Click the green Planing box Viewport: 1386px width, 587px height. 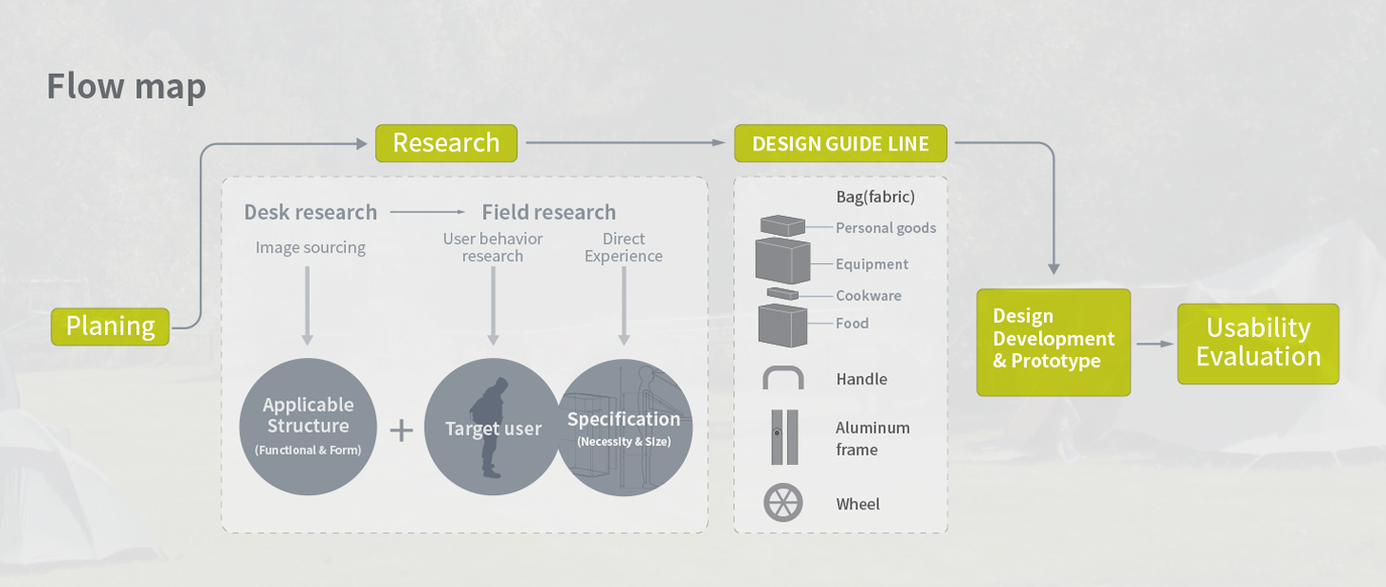click(x=110, y=326)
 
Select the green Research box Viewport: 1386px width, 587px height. click(x=446, y=143)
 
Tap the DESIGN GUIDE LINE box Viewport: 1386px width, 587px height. click(x=840, y=143)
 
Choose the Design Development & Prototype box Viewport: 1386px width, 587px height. click(x=1053, y=342)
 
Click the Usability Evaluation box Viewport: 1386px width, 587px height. click(x=1258, y=344)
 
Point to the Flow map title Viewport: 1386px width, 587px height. click(x=126, y=86)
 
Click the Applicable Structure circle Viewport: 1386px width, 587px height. click(x=308, y=427)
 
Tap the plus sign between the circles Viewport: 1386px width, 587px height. click(x=402, y=431)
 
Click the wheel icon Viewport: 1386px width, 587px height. click(x=783, y=502)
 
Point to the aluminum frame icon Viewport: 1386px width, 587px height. click(x=784, y=436)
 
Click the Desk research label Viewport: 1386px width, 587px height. click(x=311, y=212)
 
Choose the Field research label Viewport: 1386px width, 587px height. click(x=549, y=212)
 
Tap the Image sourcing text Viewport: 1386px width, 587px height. click(x=311, y=247)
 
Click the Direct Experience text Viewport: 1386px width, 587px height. click(x=623, y=247)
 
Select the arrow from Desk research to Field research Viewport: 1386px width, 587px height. click(x=427, y=212)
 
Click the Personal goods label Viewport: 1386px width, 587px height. click(x=886, y=227)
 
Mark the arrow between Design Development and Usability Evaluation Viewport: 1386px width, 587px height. click(x=1155, y=344)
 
